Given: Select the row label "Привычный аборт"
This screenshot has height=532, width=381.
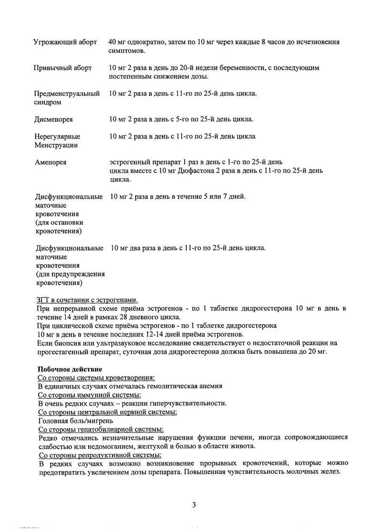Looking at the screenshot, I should (63, 68).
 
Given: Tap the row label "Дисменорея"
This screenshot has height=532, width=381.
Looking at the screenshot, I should (54, 119).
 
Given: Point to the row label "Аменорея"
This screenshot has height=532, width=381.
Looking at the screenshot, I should (50, 162).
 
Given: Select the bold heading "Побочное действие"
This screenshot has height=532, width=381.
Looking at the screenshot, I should (70, 369).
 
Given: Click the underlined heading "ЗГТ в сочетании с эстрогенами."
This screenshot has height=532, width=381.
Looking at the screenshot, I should (87, 300).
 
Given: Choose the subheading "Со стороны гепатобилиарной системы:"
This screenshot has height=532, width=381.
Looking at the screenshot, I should (100, 429).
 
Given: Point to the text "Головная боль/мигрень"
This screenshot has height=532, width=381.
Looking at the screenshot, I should (75, 421).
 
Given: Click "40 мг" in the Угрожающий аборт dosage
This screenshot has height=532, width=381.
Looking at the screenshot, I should (118, 42).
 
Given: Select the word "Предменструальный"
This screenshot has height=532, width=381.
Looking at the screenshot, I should (67, 93).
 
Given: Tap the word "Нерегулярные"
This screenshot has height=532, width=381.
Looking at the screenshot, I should (57, 137).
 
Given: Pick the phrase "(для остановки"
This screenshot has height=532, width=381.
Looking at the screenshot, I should (59, 222).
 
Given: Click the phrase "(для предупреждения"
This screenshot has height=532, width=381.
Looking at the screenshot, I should (70, 274).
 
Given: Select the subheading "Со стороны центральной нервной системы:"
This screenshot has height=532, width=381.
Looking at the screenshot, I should (108, 412).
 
